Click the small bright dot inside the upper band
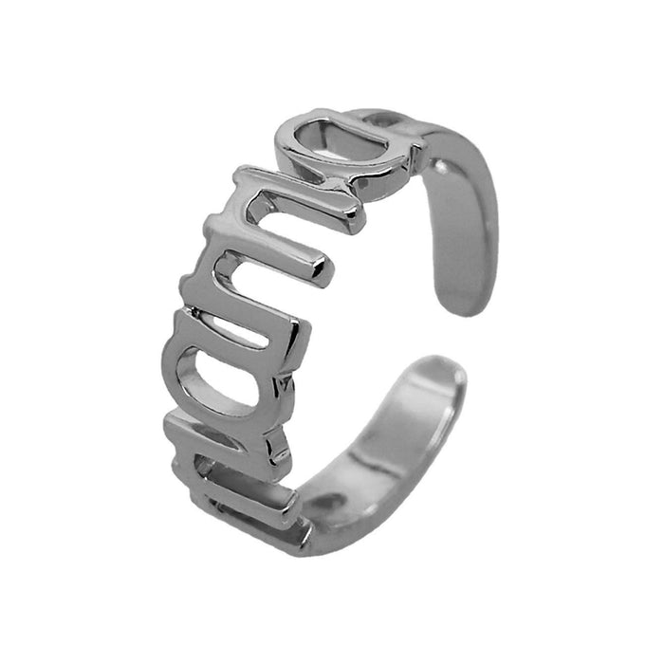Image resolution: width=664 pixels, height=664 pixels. pyautogui.click(x=437, y=168)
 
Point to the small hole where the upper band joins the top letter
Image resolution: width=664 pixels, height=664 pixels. pyautogui.click(x=379, y=122)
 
